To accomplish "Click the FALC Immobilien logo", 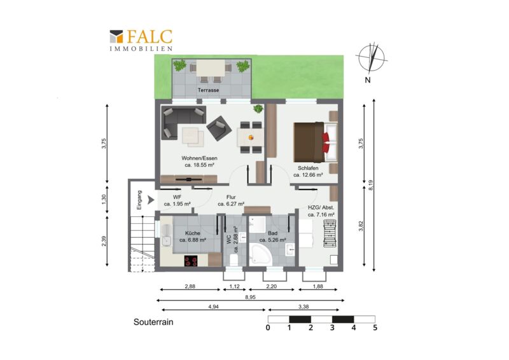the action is click(141, 40).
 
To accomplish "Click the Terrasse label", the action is click(209, 90).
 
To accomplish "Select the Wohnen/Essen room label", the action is click(199, 158).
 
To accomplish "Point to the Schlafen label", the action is click(308, 168).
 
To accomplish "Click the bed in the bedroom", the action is click(316, 142).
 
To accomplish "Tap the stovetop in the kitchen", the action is click(191, 261).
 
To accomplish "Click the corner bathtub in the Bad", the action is click(260, 255).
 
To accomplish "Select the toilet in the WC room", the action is click(234, 260).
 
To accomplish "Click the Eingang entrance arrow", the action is click(151, 200).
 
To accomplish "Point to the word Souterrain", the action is click(153, 322).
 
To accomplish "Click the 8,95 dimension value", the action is click(250, 297).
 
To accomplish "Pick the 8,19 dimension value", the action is click(371, 185).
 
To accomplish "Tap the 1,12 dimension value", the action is click(234, 286).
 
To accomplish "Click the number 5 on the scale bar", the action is click(375, 328).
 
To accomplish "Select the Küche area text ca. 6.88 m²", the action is click(193, 240).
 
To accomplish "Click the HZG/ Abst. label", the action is click(321, 208).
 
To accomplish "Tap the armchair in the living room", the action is click(219, 128).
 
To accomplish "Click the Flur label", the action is click(231, 197).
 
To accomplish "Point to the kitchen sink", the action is click(167, 236).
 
